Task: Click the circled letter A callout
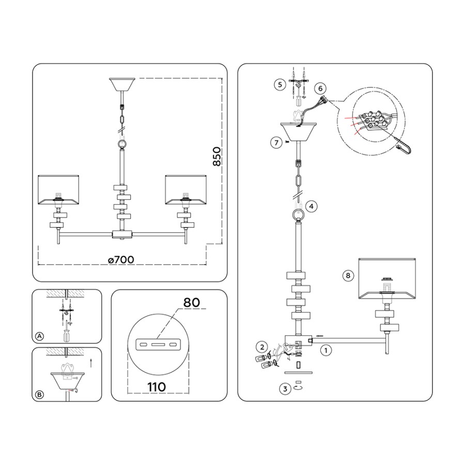point(39,336)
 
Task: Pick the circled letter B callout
point(39,395)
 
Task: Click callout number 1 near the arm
point(326,350)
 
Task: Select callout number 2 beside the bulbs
point(262,347)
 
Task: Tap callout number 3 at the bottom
point(285,390)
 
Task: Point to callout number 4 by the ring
point(310,206)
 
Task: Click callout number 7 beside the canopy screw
point(277,141)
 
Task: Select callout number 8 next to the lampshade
point(348,276)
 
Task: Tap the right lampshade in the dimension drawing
point(186,188)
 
